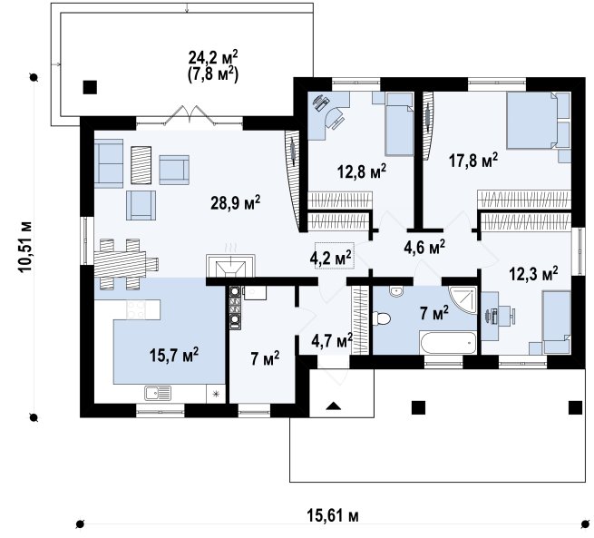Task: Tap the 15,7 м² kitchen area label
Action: pos(174,355)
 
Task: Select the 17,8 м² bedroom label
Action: pos(473,160)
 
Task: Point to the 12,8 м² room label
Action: pos(362,171)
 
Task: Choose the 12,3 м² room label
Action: pos(533,274)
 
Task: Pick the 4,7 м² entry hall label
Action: pos(332,340)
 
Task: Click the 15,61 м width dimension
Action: pos(332,515)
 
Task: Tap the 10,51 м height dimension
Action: pos(25,246)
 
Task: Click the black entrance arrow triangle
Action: pos(334,406)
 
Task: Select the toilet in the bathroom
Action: pos(381,318)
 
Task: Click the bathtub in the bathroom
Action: pos(448,343)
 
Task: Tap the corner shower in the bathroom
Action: pos(463,299)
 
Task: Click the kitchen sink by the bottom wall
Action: pos(158,393)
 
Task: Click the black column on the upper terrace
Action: pos(90,87)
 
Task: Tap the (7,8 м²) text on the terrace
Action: pos(213,74)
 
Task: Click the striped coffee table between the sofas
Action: pos(141,165)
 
